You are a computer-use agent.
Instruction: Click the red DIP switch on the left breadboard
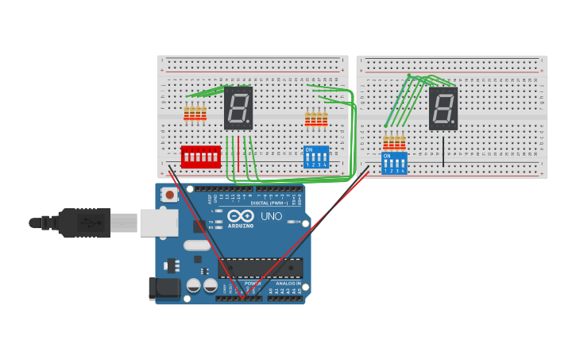click(200, 157)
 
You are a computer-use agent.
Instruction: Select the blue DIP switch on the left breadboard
click(316, 157)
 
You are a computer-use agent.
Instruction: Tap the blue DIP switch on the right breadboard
click(394, 163)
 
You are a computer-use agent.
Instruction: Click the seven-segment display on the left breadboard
click(238, 108)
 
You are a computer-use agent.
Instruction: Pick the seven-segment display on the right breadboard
click(443, 109)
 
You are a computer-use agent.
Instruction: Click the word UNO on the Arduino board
click(272, 216)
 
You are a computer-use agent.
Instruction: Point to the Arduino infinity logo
click(240, 215)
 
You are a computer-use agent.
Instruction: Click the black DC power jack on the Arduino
click(164, 288)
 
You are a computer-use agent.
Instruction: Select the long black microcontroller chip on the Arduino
click(261, 268)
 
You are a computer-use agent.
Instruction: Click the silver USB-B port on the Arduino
click(159, 223)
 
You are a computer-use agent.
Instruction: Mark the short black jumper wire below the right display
click(443, 151)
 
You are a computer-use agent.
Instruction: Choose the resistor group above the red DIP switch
click(195, 114)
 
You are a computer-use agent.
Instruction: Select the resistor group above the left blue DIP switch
click(316, 118)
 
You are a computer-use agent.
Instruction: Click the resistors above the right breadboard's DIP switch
click(394, 142)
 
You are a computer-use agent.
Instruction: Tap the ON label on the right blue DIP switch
click(387, 156)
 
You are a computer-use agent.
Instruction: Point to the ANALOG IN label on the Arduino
click(288, 283)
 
